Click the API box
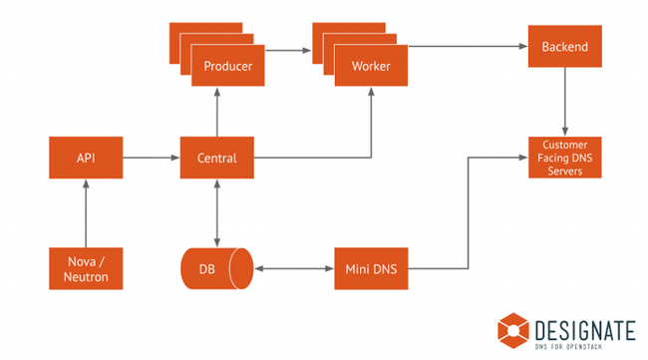(x=86, y=158)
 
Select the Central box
(x=216, y=158)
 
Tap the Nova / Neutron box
(x=86, y=268)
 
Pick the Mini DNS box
(x=371, y=268)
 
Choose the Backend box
(x=565, y=47)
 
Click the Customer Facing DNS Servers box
(x=565, y=158)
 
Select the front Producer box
(x=228, y=67)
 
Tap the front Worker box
(x=371, y=67)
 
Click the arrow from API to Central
(x=151, y=158)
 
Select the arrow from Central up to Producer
(x=216, y=113)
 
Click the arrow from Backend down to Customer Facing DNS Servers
(x=565, y=102)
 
